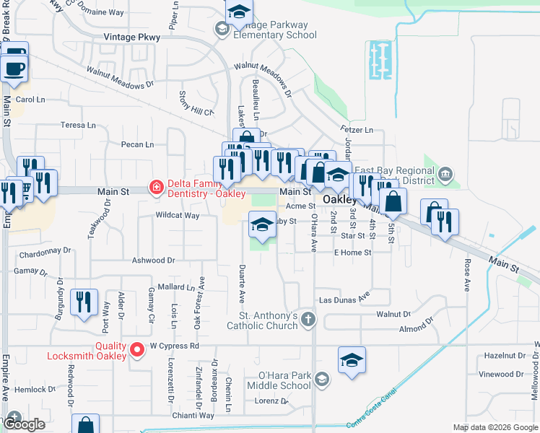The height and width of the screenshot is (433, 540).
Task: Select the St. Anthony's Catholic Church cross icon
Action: (x=308, y=318)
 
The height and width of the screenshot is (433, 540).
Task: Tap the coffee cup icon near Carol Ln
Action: (x=14, y=69)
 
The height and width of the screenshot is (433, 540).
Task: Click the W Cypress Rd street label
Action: (x=174, y=346)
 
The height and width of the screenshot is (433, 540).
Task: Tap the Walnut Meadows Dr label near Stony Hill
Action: (x=121, y=77)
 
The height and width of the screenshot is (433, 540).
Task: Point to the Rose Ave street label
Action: (x=467, y=274)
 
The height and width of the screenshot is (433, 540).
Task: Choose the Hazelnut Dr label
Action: (x=504, y=356)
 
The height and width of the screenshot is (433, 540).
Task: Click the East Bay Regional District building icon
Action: (x=446, y=173)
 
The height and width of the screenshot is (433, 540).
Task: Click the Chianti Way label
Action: (x=193, y=416)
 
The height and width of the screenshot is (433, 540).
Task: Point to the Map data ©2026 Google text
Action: (x=495, y=427)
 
